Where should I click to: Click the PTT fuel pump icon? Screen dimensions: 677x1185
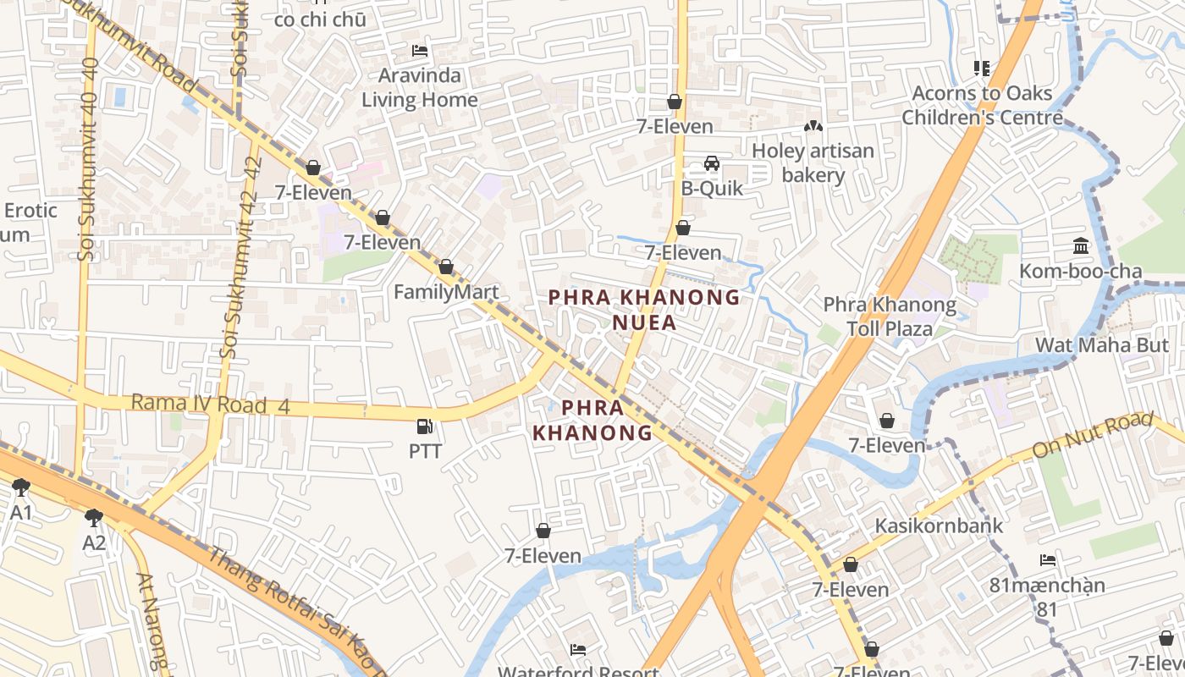426,427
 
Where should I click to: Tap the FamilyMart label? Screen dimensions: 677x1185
446,292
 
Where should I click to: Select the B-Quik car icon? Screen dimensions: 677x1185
712,163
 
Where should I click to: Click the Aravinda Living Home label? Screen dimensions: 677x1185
420,87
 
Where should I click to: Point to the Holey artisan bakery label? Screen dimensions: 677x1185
813,162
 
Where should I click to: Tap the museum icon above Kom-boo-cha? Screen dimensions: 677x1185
1081,246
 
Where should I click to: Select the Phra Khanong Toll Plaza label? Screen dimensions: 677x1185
890,316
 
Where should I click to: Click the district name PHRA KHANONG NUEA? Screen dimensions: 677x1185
644,310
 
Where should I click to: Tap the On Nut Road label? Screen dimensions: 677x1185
1081,435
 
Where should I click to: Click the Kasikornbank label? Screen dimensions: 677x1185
938,526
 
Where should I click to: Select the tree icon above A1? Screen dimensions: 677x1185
21,487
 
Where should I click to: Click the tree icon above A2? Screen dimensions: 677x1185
94,517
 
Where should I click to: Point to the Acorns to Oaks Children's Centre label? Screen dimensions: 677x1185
982,105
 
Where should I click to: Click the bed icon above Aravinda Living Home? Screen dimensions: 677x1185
420,51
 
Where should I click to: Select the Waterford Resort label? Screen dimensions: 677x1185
578,671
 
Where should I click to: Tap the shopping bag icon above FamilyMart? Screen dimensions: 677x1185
446,267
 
